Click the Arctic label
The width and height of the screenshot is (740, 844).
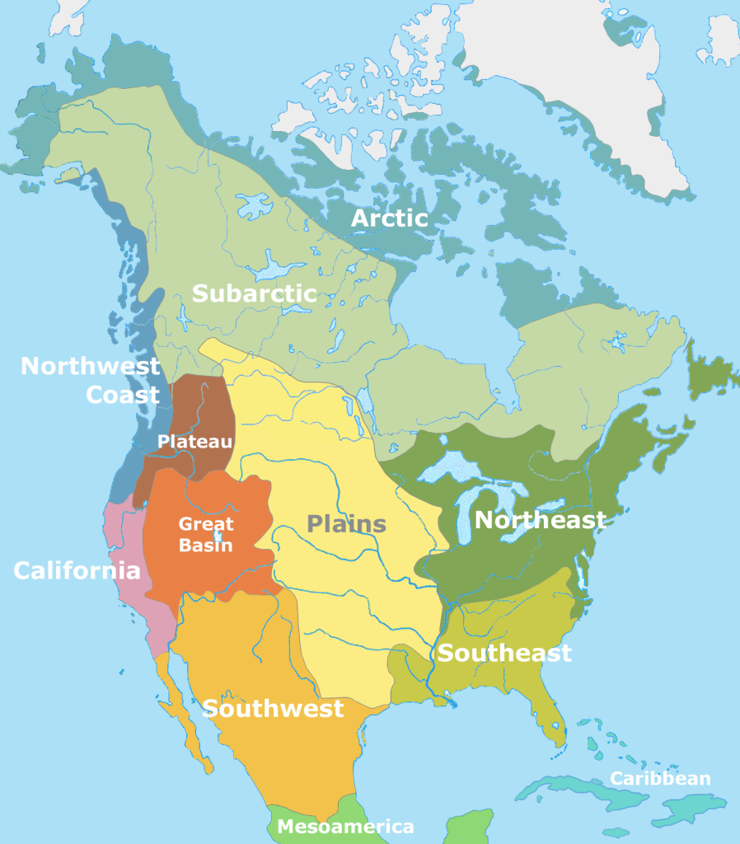point(390,218)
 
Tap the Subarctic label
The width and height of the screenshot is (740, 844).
point(254,293)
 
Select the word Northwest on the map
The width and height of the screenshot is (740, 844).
point(91,367)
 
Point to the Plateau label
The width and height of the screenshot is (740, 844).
point(194,442)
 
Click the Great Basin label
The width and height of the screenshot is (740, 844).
point(206,534)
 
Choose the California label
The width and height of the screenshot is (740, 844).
point(76,570)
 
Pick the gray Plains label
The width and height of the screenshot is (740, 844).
point(347,523)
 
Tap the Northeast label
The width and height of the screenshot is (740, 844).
point(540,520)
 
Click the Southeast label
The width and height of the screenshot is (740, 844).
point(503,654)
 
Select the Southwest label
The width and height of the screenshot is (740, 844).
point(273,708)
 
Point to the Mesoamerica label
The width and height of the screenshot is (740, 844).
point(345,826)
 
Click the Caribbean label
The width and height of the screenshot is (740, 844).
point(659,779)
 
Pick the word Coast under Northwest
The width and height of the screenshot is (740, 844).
point(123,395)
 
